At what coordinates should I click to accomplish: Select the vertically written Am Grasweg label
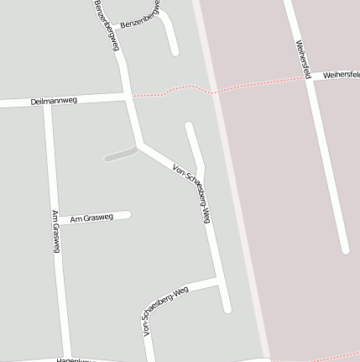55,231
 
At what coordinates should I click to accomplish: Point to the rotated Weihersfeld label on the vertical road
303,59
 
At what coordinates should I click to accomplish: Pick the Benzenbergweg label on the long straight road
107,25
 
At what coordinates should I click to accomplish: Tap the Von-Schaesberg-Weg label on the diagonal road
190,192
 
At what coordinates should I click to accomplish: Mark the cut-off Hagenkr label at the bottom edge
72,359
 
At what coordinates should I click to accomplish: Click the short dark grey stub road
120,155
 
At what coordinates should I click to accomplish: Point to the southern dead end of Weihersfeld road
344,249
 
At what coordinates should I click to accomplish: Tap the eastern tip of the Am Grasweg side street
128,214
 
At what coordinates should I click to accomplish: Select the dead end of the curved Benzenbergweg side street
175,52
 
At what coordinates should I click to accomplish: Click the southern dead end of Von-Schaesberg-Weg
227,309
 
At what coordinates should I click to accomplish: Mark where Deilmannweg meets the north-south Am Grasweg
48,102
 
